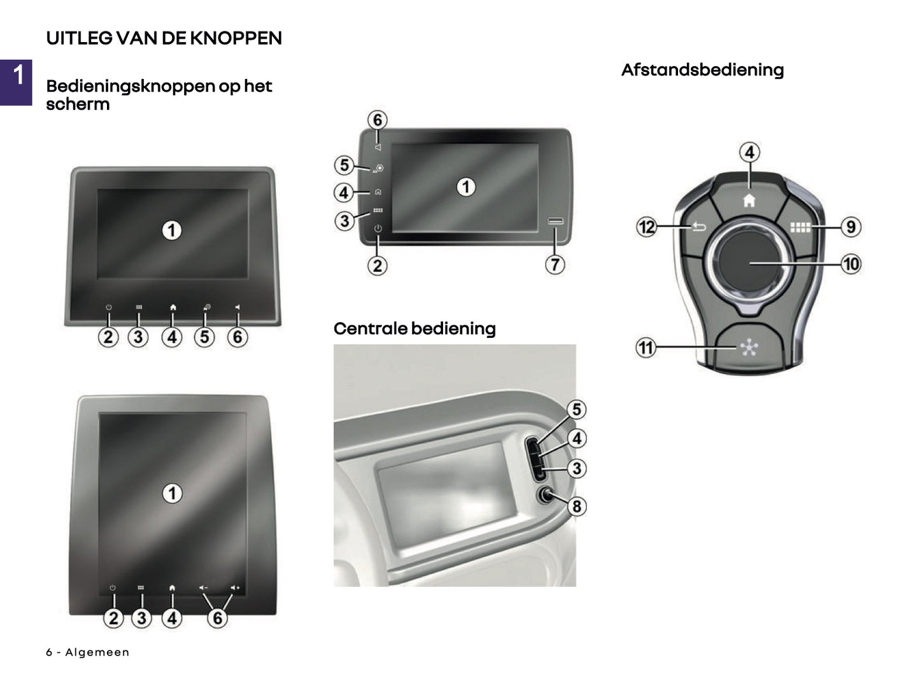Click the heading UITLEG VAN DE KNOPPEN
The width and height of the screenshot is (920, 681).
click(164, 38)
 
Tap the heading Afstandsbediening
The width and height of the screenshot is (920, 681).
click(702, 70)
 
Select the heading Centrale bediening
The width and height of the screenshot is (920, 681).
click(414, 328)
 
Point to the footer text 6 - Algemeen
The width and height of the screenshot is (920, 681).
click(88, 652)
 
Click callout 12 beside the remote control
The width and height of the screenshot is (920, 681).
click(646, 227)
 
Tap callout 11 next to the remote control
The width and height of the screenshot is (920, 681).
click(646, 348)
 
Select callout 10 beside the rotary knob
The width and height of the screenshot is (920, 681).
click(851, 263)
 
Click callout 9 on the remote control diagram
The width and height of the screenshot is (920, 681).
click(851, 227)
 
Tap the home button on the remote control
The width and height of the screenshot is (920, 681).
click(749, 200)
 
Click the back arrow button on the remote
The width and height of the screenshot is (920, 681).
click(698, 227)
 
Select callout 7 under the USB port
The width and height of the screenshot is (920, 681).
click(555, 264)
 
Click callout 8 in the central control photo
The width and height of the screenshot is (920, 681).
click(577, 506)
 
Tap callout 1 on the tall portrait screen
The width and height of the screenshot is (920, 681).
click(172, 493)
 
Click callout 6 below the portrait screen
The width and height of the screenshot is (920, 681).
click(218, 617)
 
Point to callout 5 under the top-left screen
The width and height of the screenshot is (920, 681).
click(204, 337)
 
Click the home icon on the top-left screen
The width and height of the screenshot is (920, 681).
click(173, 307)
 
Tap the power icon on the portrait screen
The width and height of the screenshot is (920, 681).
click(113, 588)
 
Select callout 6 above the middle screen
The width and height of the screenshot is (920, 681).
click(378, 120)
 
